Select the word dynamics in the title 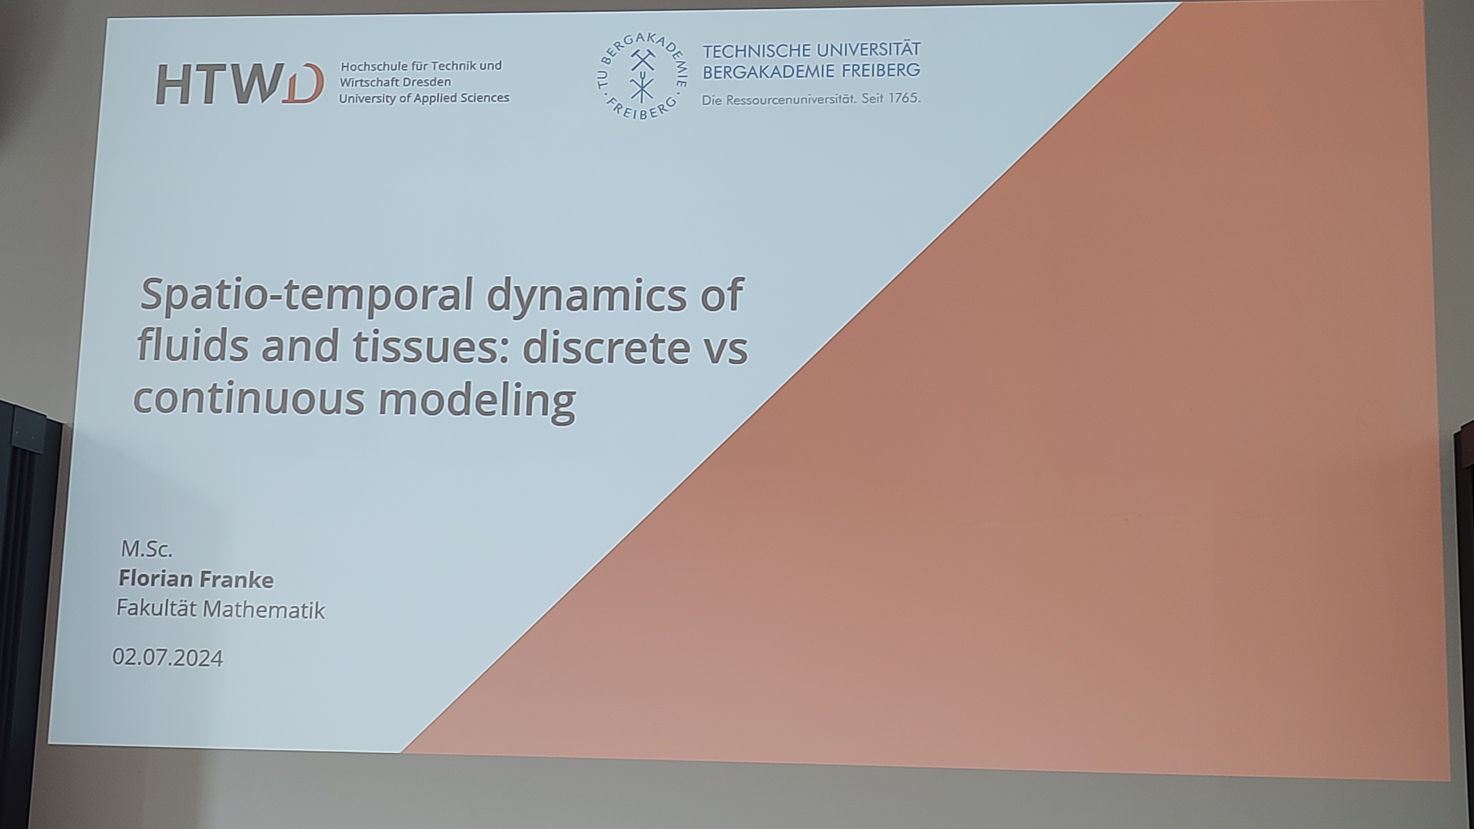[x=587, y=296]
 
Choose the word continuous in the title [x=248, y=398]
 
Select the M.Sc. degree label [x=147, y=549]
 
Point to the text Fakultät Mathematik [x=220, y=609]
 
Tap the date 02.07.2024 [x=168, y=657]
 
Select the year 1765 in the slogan [x=904, y=98]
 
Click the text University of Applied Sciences [x=424, y=98]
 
